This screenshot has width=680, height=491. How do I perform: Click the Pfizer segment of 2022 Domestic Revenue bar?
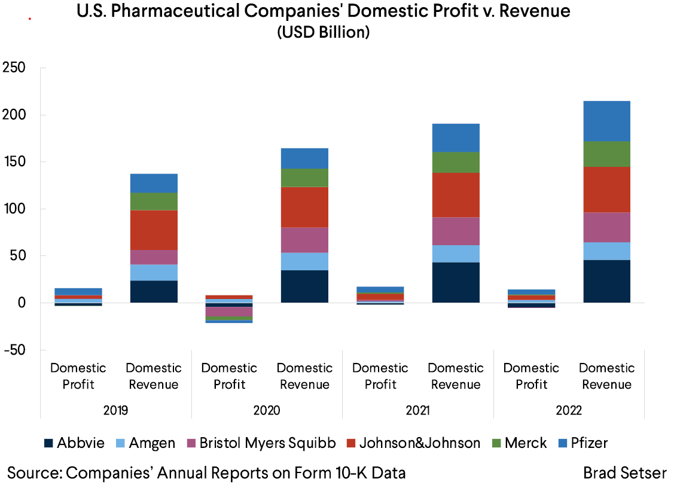pos(606,121)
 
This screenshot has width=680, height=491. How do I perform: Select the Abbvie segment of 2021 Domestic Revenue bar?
pos(456,282)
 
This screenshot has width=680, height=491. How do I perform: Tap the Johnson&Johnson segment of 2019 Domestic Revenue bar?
pos(154,230)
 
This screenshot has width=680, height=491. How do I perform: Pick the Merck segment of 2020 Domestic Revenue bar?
pos(304,178)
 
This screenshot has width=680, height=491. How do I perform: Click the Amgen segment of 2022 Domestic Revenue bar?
pos(606,251)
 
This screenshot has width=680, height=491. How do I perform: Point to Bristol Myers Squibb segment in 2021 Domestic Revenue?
pos(456,231)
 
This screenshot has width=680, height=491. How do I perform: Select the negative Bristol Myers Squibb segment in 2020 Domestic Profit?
pos(229,312)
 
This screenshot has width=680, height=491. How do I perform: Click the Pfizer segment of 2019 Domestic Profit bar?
pos(78,291)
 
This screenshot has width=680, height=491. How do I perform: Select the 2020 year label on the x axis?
pos(267,411)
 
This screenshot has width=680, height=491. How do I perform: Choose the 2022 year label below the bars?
pos(569,411)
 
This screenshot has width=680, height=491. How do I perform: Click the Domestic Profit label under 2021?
pos(380,376)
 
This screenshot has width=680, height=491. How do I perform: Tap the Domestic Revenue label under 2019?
pos(154,376)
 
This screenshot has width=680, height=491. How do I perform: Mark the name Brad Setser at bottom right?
pos(625,473)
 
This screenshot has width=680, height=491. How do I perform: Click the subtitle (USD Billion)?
pos(323,33)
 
